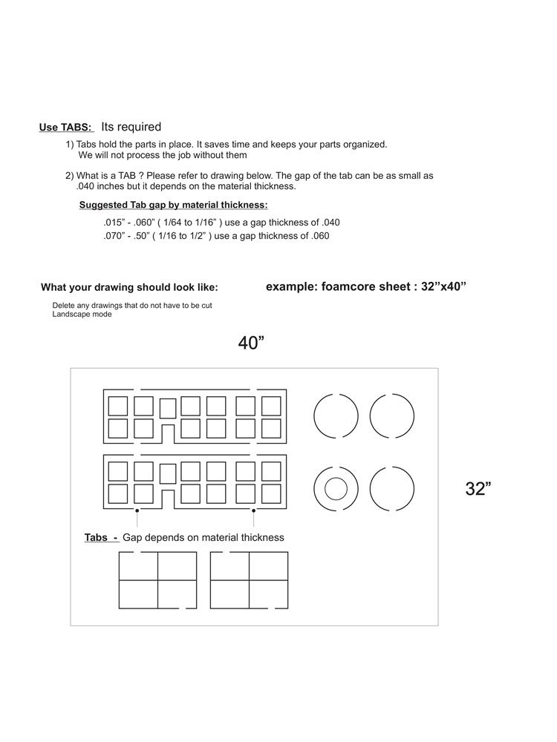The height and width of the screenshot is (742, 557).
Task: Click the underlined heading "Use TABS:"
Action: pos(65,128)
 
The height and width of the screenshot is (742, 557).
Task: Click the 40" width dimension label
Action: pos(251,343)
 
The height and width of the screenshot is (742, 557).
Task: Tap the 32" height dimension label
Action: pos(478,489)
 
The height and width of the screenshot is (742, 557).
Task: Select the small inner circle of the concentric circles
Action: pos(336,489)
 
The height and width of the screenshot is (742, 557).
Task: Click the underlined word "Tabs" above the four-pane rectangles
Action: pos(97,537)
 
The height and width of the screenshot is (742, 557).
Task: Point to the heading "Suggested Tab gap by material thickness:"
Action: pos(173,205)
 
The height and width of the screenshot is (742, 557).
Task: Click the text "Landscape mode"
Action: pos(82,315)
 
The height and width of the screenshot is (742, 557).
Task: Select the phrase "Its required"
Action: pos(131,127)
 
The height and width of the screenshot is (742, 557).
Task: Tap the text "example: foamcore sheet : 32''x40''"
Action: pos(365,286)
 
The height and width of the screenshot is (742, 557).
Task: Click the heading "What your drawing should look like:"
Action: pos(129,288)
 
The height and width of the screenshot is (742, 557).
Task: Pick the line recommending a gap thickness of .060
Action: pos(216,236)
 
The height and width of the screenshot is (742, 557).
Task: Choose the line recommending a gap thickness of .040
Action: pos(221,222)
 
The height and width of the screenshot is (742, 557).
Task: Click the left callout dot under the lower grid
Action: pos(137,510)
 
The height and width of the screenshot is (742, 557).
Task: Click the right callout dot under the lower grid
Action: pos(254,510)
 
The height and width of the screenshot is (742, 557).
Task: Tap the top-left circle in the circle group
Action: pos(336,416)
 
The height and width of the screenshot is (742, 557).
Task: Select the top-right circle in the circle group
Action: pos(392,416)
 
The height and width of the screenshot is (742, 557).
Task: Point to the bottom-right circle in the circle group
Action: pos(392,489)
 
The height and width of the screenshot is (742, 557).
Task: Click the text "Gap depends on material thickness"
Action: pos(203,537)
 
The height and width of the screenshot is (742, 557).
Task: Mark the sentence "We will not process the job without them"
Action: pos(163,155)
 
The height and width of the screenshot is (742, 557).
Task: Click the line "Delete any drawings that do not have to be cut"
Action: pos(132,306)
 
